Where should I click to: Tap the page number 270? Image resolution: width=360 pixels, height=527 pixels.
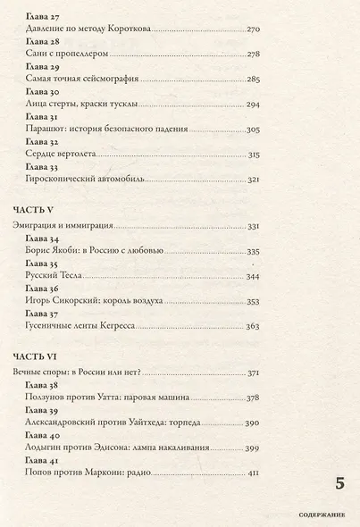pyautogui.click(x=250, y=30)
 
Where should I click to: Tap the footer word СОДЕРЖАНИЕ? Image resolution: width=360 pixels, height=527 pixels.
pyautogui.click(x=323, y=515)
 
